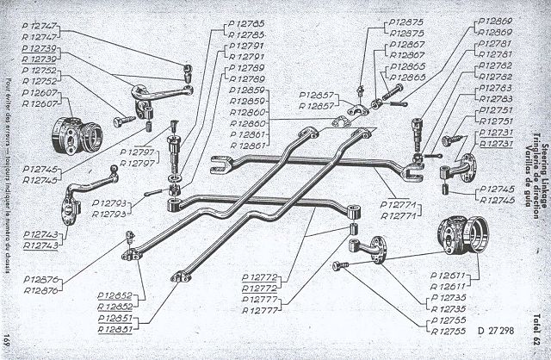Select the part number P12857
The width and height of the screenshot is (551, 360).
pyautogui.click(x=318, y=95)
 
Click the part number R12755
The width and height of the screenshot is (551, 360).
pyautogui.click(x=447, y=330)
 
